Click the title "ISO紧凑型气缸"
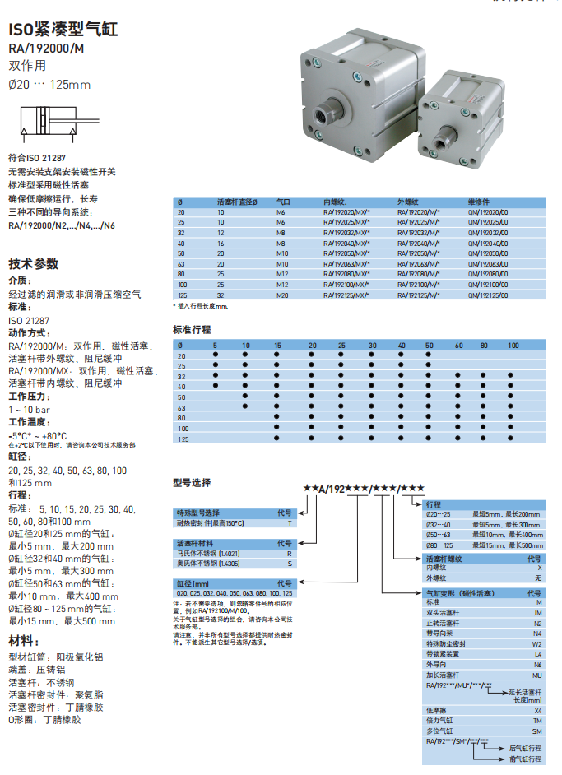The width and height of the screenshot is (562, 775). (x=63, y=30)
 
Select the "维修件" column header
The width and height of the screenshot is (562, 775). (x=480, y=202)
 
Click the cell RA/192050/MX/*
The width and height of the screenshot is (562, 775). (x=346, y=253)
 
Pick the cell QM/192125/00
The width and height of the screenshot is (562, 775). (x=489, y=295)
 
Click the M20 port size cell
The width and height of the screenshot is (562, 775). (x=282, y=295)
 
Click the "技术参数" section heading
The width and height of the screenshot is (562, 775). (x=34, y=264)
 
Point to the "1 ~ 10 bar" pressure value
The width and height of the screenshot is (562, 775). (x=30, y=409)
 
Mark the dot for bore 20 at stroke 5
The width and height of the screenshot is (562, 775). (x=216, y=355)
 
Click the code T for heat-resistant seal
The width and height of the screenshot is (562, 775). (x=289, y=523)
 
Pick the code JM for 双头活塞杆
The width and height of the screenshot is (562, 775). (x=537, y=612)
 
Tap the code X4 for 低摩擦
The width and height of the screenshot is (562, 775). (x=537, y=709)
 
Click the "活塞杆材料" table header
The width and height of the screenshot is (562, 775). (x=195, y=543)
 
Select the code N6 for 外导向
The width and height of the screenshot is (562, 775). (x=537, y=664)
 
